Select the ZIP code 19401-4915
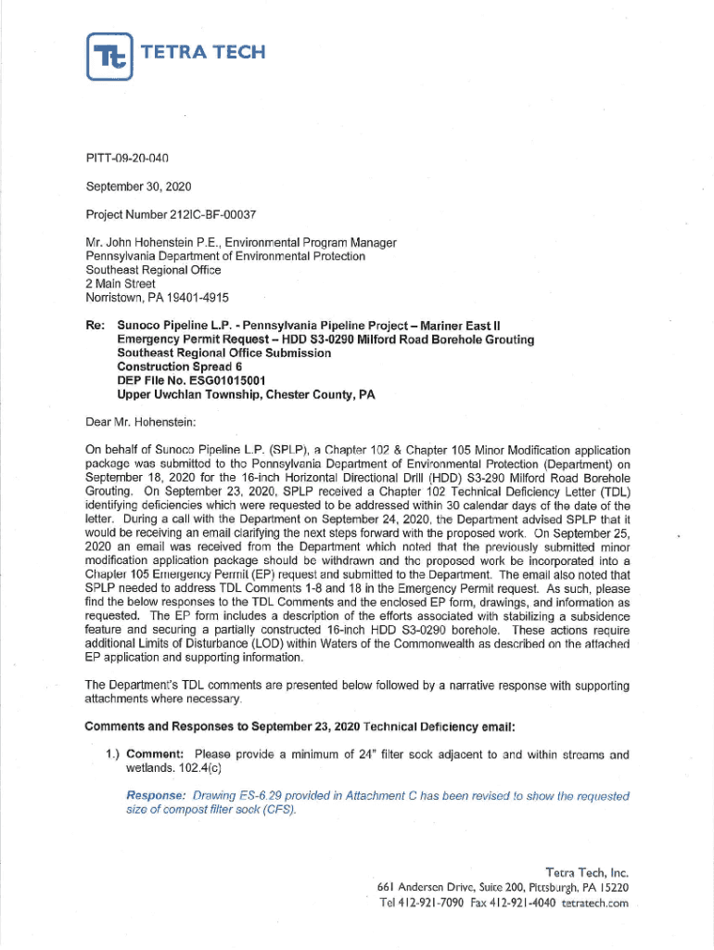[x=199, y=298]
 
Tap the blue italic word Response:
[x=156, y=797]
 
